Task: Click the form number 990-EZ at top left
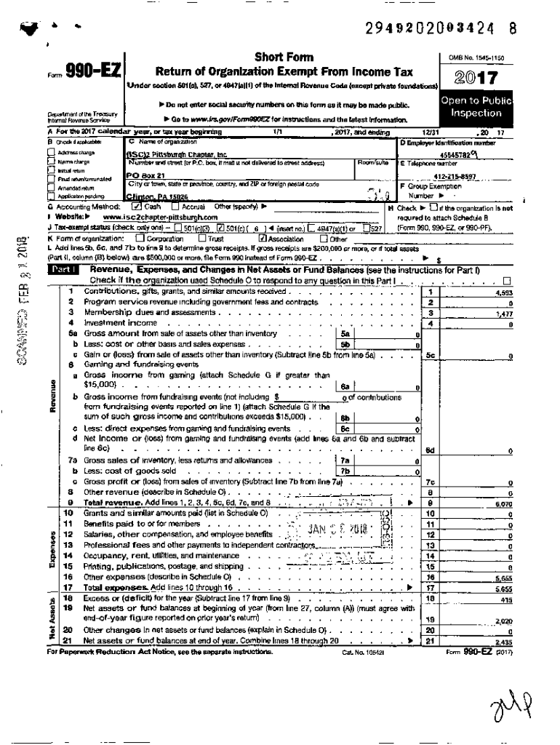[x=92, y=71]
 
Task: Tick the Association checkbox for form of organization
[x=263, y=238]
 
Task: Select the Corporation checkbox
[x=140, y=238]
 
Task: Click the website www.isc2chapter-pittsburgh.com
[x=159, y=217]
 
